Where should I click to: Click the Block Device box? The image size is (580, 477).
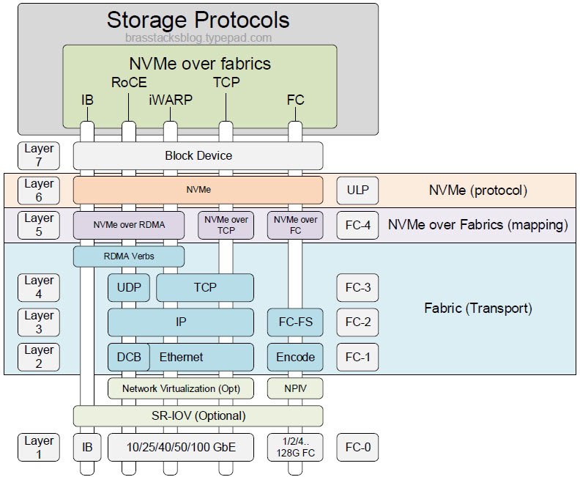point(198,155)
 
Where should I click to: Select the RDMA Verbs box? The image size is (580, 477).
point(129,256)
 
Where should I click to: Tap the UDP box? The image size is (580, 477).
point(129,287)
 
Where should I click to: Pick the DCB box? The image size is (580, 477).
point(129,357)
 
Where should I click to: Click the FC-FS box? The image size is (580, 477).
point(295,322)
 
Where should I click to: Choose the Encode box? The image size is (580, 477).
point(295,357)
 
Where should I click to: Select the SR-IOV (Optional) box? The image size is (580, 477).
point(198,416)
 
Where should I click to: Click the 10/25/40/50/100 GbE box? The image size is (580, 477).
point(181,447)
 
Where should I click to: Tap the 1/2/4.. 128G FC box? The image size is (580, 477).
point(295,447)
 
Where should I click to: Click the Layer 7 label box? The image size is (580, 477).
point(39,155)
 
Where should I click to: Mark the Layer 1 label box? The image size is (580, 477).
point(39,447)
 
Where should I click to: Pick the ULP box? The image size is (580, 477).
point(357,191)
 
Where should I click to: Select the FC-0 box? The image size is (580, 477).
point(357,447)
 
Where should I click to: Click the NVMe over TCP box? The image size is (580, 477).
point(226,224)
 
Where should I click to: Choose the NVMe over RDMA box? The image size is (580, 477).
point(129,224)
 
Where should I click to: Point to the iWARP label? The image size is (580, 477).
point(170,100)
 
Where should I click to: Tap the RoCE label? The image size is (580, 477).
point(129,82)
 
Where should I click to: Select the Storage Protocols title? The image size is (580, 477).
point(198,20)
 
